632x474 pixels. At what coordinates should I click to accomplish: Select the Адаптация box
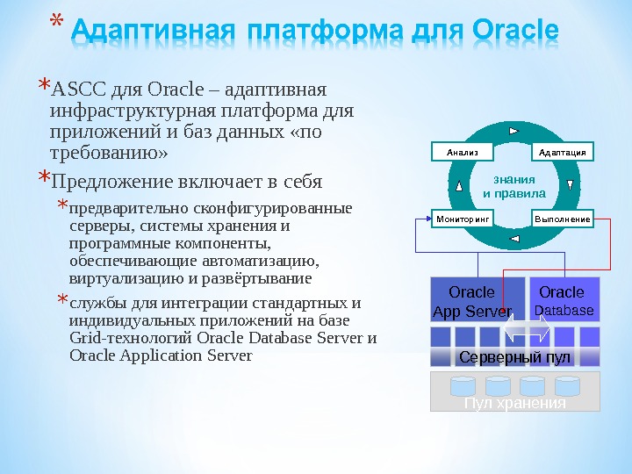coord(562,152)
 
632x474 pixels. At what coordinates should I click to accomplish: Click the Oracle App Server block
coord(472,301)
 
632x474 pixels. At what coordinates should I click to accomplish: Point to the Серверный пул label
coord(514,357)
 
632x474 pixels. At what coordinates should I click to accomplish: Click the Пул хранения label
coord(515,403)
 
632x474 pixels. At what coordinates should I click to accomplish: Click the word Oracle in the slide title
coord(514,33)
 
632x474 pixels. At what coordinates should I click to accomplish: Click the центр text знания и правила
coord(514,186)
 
